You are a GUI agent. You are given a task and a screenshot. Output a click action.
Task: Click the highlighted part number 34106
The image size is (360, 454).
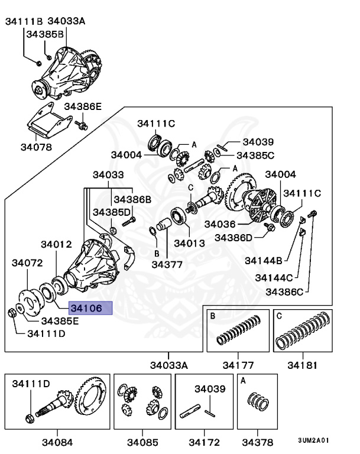point(86,308)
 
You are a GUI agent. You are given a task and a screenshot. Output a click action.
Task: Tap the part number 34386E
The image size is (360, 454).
point(83,106)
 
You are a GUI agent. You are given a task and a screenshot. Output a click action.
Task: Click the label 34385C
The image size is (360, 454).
point(255,155)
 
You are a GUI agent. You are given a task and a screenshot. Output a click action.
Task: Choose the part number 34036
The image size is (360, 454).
point(220,224)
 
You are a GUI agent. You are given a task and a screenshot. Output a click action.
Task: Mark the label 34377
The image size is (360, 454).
point(167,264)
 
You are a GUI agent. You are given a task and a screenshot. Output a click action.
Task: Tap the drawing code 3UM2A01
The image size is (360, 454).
point(313,440)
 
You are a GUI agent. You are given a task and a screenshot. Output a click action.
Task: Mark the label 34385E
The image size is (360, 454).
point(59,321)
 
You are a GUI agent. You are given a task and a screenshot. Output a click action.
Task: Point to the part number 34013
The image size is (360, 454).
point(189,242)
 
